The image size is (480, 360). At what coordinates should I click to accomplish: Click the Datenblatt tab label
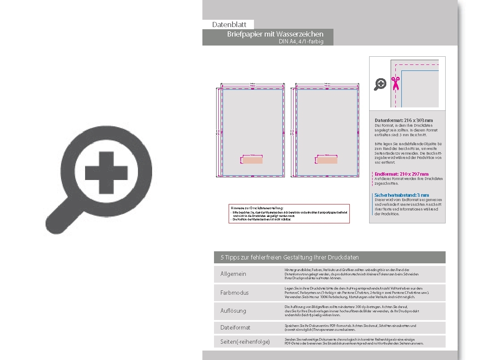click(x=229, y=25)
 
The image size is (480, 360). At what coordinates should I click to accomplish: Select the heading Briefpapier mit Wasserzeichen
click(x=275, y=34)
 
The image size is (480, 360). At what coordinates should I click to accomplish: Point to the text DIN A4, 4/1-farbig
click(x=301, y=42)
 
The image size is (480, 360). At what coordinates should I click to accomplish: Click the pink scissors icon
click(x=395, y=83)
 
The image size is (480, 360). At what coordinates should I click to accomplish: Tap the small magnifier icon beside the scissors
click(x=380, y=84)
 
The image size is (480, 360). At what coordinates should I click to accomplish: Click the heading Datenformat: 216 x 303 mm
click(x=404, y=120)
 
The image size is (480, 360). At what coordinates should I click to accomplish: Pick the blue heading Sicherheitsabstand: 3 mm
click(x=402, y=195)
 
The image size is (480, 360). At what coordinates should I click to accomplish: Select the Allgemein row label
click(x=233, y=274)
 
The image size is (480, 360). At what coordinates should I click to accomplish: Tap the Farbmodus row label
click(x=234, y=293)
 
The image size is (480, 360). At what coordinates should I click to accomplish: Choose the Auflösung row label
click(x=233, y=311)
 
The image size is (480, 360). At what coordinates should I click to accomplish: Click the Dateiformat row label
click(x=235, y=327)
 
